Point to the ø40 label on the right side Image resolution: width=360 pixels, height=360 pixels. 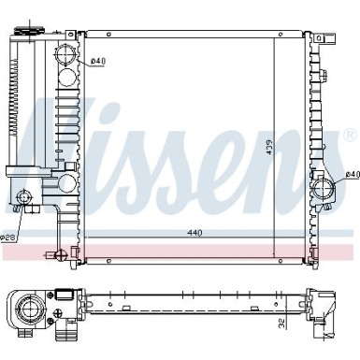coord(352,174)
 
